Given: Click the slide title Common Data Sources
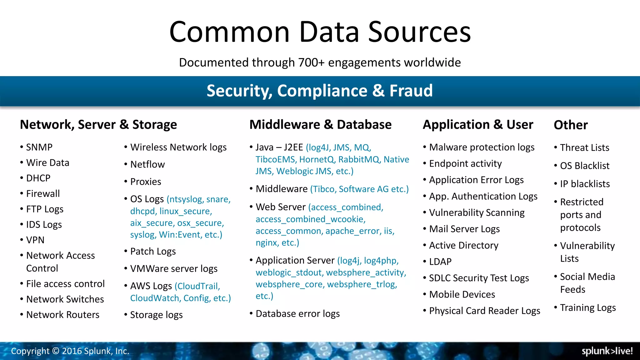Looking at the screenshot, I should click(320, 32).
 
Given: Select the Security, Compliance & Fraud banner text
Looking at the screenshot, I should click(320, 91).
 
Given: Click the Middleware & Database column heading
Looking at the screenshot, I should click(320, 124).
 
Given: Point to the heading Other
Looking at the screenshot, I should click(571, 125).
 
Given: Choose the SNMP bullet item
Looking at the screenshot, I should click(39, 147).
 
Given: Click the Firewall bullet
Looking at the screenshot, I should click(43, 194).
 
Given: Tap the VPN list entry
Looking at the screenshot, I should click(35, 240).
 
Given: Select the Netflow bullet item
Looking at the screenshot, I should click(147, 164).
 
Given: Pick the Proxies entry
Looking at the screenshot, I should click(146, 182).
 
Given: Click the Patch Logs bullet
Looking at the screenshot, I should click(153, 252).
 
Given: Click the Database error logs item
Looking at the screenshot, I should click(297, 314).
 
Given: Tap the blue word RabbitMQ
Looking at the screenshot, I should click(359, 159).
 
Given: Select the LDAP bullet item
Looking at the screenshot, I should click(440, 262).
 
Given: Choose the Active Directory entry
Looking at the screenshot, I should click(463, 245).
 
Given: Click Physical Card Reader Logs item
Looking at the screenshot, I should click(484, 311).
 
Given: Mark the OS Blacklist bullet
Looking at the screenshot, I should click(584, 166).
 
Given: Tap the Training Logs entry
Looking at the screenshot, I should click(587, 308).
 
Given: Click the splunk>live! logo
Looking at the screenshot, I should click(607, 351).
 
